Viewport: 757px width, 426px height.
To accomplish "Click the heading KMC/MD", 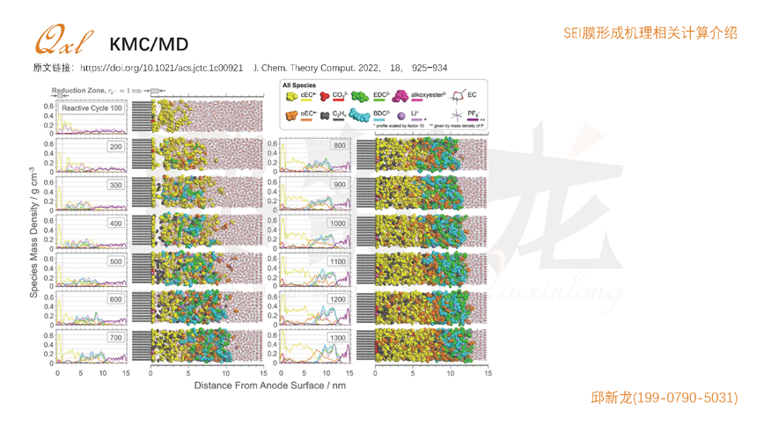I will (x=149, y=45).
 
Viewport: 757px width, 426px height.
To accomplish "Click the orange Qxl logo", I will (x=61, y=40).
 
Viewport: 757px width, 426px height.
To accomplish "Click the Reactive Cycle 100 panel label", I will (x=92, y=107).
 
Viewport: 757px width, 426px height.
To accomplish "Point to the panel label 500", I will (x=115, y=261).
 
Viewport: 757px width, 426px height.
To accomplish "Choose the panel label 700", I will (x=115, y=338).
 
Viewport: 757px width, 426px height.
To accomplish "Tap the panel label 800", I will (x=339, y=145).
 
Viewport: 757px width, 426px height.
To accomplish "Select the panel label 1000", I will (x=337, y=223).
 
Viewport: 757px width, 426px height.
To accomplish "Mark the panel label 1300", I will (x=337, y=338).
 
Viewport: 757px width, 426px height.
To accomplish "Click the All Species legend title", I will (x=299, y=85).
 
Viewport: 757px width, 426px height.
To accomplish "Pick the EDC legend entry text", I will (x=381, y=94).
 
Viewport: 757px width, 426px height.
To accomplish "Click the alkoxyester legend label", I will (x=429, y=94).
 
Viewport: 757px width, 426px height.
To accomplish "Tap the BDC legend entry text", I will (x=381, y=113).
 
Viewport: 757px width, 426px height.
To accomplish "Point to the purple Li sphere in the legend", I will (x=401, y=114).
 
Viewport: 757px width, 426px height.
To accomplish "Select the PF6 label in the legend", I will (x=474, y=113).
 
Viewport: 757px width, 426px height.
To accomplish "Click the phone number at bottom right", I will (x=664, y=398).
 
